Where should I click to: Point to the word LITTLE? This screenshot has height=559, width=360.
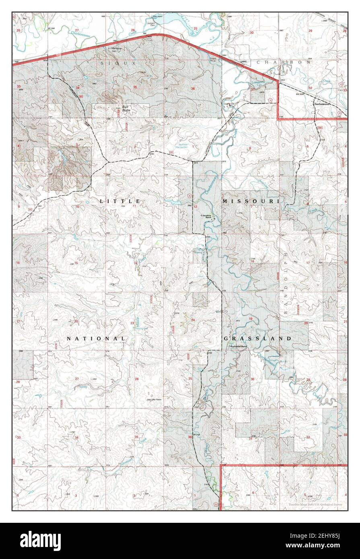120,201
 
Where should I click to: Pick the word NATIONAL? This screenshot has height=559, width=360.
95,339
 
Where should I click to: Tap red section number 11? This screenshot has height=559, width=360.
134,206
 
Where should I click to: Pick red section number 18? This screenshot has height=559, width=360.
253,261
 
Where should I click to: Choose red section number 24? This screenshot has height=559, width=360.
193,320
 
